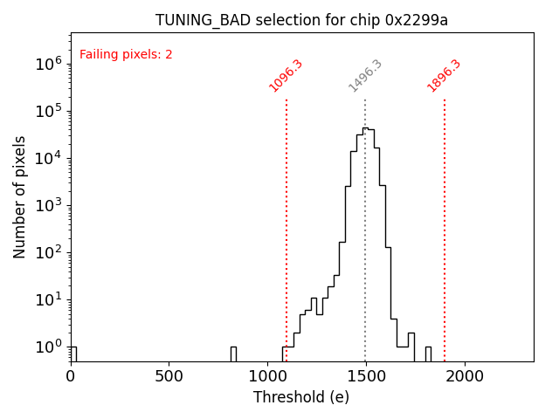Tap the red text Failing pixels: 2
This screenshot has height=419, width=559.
(126, 55)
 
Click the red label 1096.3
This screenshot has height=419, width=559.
(286, 76)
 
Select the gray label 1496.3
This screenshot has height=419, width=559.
(365, 76)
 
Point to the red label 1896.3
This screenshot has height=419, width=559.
(444, 76)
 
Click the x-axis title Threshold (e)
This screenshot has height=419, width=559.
(301, 397)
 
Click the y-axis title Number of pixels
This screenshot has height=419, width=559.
(20, 196)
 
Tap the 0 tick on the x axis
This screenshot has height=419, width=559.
(71, 375)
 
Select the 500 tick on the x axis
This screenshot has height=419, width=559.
(169, 375)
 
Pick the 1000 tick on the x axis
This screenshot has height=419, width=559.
(267, 375)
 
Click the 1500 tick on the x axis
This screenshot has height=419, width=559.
(366, 375)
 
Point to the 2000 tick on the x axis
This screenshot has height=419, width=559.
(464, 375)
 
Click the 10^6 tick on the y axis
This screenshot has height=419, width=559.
(47, 64)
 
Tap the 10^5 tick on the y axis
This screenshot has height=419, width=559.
(47, 111)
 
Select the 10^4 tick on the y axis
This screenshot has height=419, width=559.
(47, 158)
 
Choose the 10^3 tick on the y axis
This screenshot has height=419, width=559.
(47, 205)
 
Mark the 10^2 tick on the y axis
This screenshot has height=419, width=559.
(47, 252)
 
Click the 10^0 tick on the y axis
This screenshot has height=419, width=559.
(47, 347)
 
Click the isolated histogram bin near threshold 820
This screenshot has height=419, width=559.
(233, 354)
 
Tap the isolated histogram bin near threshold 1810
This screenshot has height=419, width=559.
(428, 354)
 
